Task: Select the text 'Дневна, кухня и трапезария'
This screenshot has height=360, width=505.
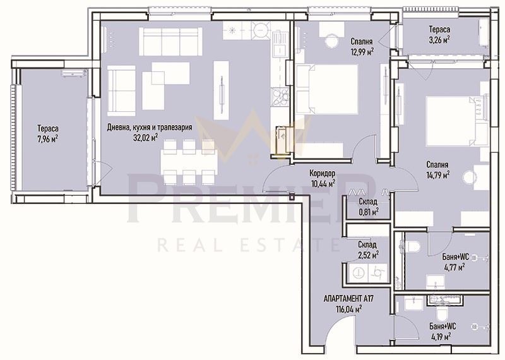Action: [150, 126]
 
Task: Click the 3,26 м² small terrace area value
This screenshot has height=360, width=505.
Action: [438, 40]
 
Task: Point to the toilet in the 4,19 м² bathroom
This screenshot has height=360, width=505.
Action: [442, 311]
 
